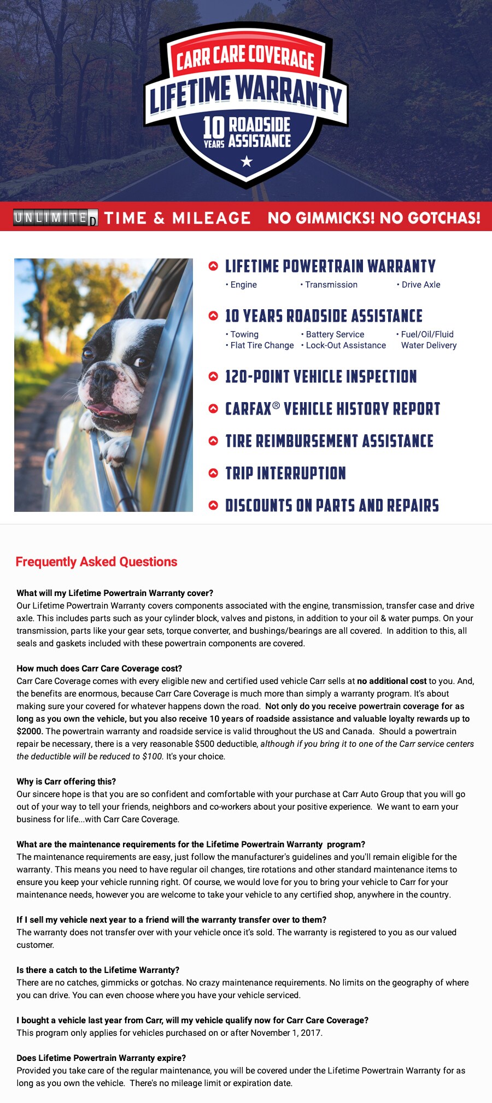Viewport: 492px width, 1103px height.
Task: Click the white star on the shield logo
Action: click(x=247, y=161)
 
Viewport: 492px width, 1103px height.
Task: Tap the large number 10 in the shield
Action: click(x=213, y=127)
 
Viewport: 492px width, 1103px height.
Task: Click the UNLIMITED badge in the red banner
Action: click(x=55, y=217)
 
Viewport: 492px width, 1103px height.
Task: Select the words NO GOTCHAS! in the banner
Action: click(x=430, y=218)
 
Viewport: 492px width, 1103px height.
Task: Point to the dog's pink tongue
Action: click(x=104, y=409)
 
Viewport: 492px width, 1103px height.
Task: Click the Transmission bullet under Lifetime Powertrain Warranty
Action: click(x=331, y=285)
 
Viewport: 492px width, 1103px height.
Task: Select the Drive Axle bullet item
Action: click(x=420, y=285)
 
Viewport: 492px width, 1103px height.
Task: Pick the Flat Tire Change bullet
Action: click(x=262, y=345)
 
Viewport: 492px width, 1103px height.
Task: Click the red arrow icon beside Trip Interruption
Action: click(x=213, y=473)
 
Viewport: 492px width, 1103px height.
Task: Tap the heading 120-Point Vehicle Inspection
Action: click(x=321, y=376)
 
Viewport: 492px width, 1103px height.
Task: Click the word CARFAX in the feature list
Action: click(x=248, y=409)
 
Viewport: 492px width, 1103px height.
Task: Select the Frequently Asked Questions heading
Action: click(x=96, y=562)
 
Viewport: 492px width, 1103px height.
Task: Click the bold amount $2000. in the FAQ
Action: click(x=30, y=731)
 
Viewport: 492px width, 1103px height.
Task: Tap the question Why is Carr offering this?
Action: click(x=66, y=781)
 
